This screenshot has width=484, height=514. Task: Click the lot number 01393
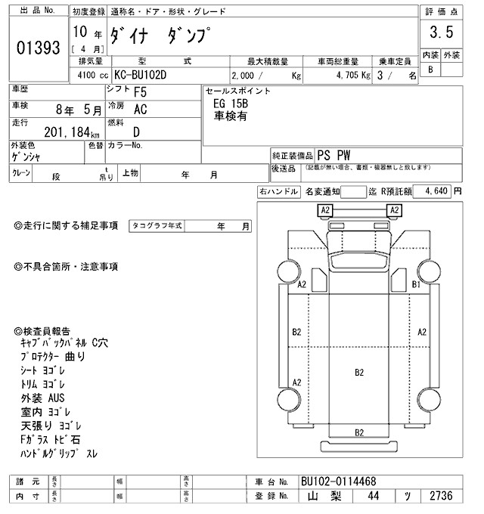tap(38, 48)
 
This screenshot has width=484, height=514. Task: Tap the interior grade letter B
tap(430, 70)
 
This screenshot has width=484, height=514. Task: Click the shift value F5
tap(141, 93)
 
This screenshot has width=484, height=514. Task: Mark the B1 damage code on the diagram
tap(415, 284)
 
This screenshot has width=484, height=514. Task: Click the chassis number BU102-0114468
tap(338, 481)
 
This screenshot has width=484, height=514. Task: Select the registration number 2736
tap(441, 497)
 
